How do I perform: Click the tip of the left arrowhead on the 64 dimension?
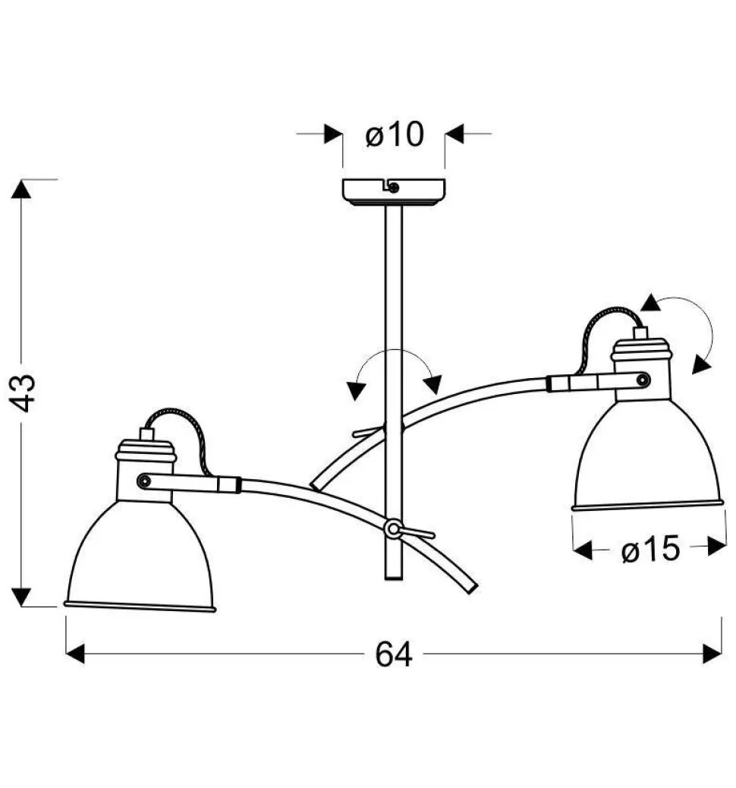pos(66,654)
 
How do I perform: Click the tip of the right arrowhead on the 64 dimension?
pos(722,654)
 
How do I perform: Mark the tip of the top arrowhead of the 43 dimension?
pos(21,179)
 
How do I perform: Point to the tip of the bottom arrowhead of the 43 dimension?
pos(21,607)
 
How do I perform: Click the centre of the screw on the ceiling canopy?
pos(394,188)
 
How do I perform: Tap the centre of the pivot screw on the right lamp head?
pos(643,380)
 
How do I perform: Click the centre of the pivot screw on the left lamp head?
pos(143,481)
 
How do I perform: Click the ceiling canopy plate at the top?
pos(394,192)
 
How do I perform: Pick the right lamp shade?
pos(649,455)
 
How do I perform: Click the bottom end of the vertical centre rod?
pos(393,579)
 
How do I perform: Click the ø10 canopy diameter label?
pos(395,134)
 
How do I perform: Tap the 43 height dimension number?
pos(22,393)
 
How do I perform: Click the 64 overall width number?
pos(394,654)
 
